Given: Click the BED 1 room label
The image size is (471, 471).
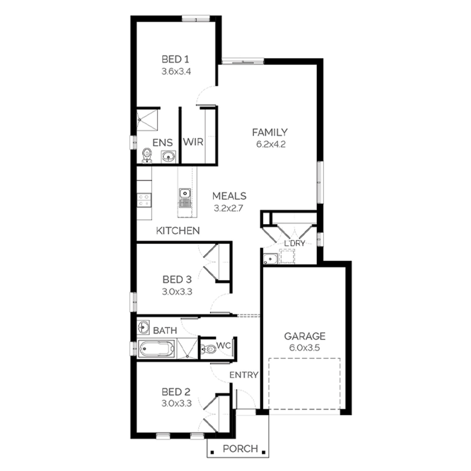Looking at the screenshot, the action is coord(175,59).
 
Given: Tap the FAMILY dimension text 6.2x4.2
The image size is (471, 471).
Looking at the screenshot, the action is coord(271,144).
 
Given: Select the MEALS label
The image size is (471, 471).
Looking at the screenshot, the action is coord(229,196).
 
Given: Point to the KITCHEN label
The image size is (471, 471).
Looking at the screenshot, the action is coord(178,231).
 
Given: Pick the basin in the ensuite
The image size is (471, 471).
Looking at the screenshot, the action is coord(169,156).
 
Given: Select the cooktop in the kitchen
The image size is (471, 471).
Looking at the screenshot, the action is coord(144,200).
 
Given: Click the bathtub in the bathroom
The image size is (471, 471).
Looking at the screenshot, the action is coord(156,349).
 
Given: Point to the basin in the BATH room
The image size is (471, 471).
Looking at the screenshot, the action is coord(143,327).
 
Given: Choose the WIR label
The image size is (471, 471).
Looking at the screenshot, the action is coord(193,142).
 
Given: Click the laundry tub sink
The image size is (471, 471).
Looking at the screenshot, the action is coord(270,259).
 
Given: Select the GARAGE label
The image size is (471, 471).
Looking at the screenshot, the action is coord(305,336).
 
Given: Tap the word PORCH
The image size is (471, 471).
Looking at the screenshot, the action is coord(240,449).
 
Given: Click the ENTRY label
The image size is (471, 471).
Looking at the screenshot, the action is coord(244,375).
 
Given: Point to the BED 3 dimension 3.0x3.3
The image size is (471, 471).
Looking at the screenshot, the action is coord(177,292).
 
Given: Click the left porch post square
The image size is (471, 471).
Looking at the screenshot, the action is coord(213,452).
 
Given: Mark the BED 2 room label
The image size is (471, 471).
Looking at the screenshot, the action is coord(176,392).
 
